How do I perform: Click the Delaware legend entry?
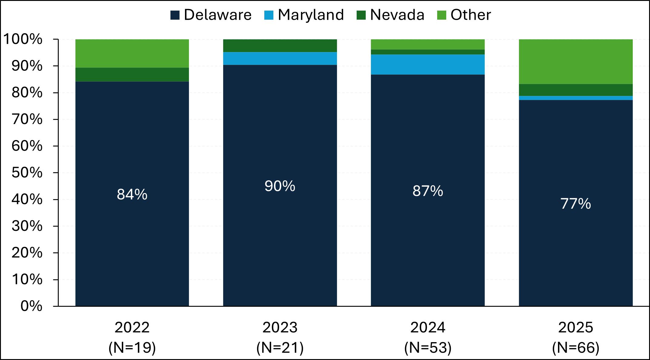[211, 15]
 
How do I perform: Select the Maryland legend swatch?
[269, 15]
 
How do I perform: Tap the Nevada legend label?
[397, 15]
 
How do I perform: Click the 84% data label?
[132, 195]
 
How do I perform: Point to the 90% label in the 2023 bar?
[280, 186]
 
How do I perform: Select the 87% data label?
[427, 191]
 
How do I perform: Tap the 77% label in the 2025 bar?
[576, 204]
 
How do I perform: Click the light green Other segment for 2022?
[132, 53]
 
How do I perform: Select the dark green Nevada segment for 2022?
[132, 74]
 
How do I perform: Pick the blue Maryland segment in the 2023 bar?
[280, 58]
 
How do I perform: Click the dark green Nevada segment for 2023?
[280, 46]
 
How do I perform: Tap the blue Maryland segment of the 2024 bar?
[427, 64]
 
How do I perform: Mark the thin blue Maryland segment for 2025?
[576, 98]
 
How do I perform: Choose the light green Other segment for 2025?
[576, 61]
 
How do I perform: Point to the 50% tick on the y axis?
[27, 173]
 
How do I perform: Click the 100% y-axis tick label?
[23, 39]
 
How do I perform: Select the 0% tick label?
[31, 306]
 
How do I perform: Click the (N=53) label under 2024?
[427, 348]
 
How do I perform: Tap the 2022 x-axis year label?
[132, 327]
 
